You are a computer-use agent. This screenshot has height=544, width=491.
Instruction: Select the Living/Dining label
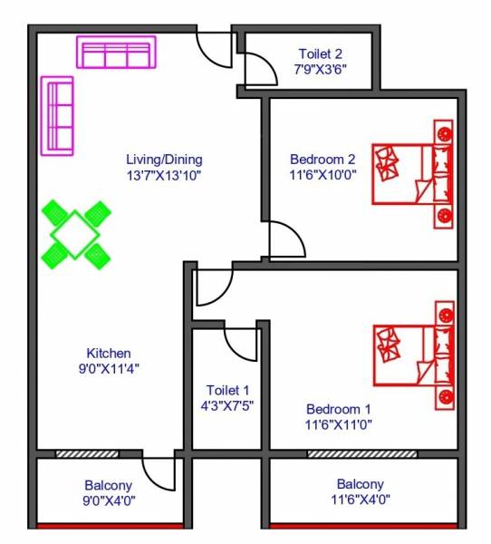click(x=164, y=160)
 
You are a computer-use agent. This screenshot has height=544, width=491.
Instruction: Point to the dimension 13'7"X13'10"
click(x=164, y=175)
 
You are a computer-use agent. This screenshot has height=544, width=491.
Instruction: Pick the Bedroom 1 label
click(x=338, y=408)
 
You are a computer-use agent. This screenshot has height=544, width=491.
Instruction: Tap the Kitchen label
click(x=109, y=353)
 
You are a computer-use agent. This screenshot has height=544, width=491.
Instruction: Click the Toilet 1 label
click(x=227, y=390)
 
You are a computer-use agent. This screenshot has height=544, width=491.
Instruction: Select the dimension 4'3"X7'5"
click(x=227, y=405)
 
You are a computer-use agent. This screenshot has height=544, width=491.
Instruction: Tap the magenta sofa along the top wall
click(x=116, y=53)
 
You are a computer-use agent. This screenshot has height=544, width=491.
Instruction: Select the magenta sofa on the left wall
click(x=58, y=116)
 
